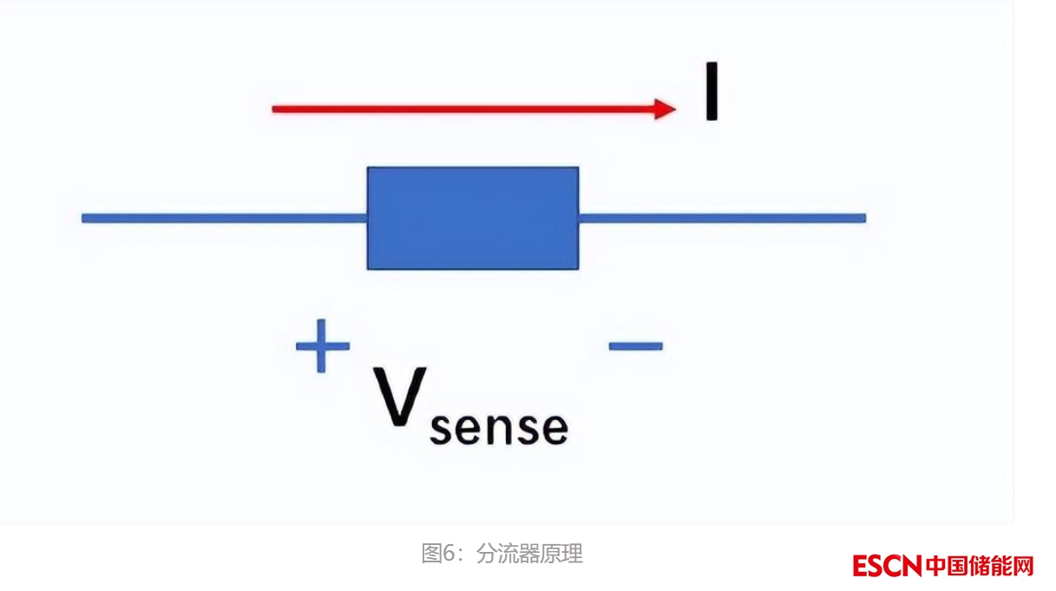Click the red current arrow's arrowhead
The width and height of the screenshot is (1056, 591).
coord(666,108)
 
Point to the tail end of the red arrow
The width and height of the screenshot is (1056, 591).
coord(275,108)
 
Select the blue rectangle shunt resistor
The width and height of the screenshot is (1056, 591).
coord(473,218)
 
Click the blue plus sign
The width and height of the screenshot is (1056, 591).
coord(323,345)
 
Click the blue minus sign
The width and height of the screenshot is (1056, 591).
coord(636,345)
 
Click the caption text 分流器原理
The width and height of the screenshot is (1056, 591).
coord(529,553)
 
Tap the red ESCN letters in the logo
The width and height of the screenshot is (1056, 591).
coord(886,567)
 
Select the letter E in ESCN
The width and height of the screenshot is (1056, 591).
coord(860,567)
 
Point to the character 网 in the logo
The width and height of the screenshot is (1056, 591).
coord(1023,567)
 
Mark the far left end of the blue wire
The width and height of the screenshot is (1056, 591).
coord(84,218)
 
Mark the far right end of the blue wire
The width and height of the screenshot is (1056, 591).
coord(863,218)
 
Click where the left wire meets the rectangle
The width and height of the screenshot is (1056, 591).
coord(368,218)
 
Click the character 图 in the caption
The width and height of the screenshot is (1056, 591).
coord(431,553)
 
